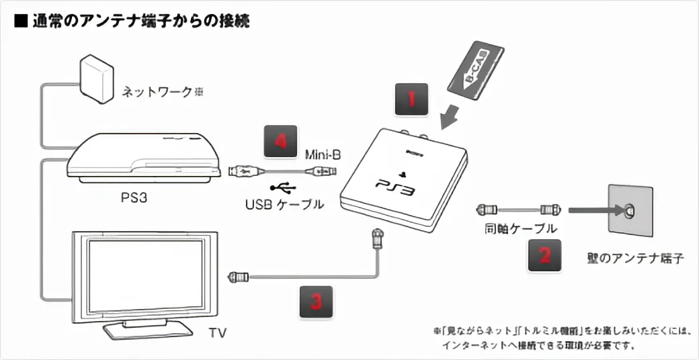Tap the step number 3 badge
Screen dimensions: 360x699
click(315, 302)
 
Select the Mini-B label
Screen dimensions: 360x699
click(321, 155)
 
